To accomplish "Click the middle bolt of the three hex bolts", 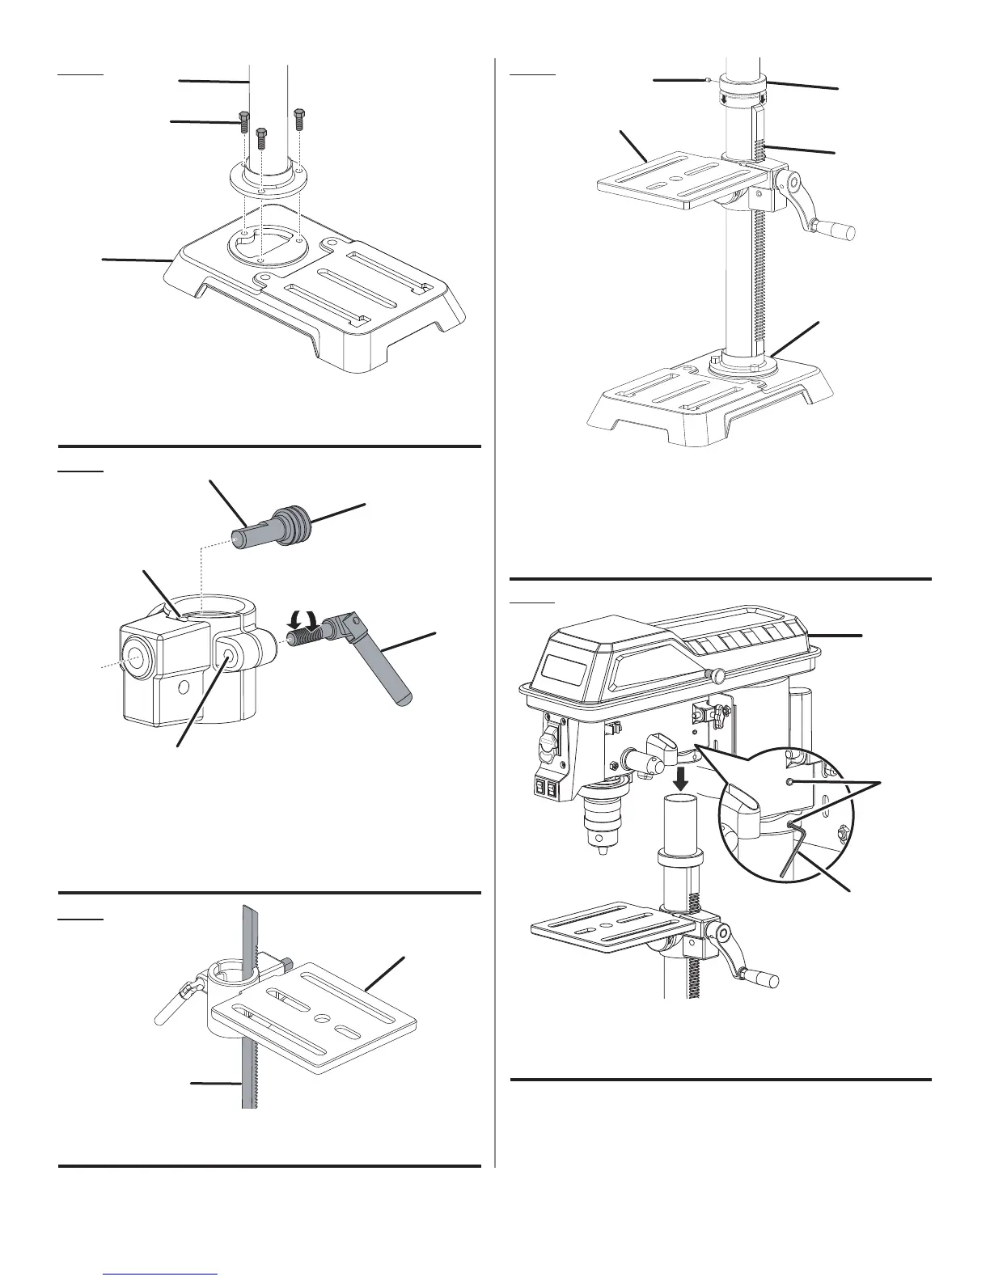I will pos(261,137).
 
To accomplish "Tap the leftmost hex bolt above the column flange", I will pos(242,120).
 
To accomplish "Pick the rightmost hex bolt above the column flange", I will pos(298,117).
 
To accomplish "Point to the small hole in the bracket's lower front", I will pos(185,687).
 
